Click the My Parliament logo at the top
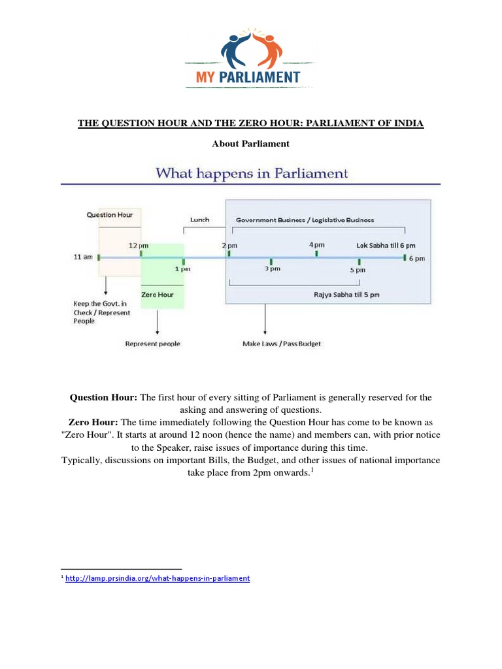(x=251, y=57)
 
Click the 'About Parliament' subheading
(x=251, y=144)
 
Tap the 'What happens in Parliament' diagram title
(x=251, y=174)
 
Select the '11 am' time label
(x=82, y=257)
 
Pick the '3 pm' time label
(x=273, y=269)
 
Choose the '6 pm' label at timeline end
(x=418, y=258)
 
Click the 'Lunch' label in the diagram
(x=199, y=220)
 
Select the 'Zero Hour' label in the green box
(x=156, y=295)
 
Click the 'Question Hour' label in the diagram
(x=110, y=214)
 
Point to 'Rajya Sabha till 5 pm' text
(x=346, y=295)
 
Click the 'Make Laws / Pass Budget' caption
(x=282, y=344)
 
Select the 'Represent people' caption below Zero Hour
(x=153, y=344)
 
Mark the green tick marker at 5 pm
(x=359, y=261)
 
